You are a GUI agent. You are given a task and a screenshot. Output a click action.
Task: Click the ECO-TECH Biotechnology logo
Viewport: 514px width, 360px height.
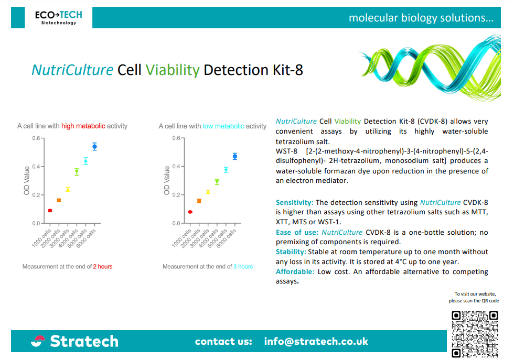(59, 18)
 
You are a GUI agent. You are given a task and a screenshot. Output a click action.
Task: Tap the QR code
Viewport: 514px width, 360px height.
(475, 334)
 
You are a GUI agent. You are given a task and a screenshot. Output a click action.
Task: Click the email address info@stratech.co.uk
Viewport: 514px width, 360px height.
(316, 341)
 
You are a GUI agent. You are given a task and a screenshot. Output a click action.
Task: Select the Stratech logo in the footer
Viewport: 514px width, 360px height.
(74, 341)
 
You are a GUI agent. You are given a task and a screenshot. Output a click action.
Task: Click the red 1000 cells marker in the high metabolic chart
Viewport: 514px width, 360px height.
(50, 210)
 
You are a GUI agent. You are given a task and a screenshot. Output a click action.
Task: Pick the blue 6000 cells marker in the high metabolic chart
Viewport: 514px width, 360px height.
(95, 146)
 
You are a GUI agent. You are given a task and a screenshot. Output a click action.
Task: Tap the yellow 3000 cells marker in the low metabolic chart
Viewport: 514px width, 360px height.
(208, 192)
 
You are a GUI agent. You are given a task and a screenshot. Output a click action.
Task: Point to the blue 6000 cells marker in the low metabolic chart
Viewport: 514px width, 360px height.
(235, 156)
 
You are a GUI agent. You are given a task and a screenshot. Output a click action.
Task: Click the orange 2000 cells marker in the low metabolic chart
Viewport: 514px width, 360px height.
(199, 201)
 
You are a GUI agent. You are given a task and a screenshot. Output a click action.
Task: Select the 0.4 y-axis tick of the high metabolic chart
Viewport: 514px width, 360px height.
(36, 167)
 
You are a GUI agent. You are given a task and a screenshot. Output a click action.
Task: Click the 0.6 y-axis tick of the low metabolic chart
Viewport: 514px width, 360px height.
(177, 138)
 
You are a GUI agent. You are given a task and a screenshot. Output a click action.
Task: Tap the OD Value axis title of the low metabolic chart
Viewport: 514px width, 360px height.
(167, 180)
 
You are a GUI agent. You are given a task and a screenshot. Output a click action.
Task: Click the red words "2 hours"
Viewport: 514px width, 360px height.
(103, 267)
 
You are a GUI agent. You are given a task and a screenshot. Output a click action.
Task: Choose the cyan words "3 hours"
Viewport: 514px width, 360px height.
(243, 267)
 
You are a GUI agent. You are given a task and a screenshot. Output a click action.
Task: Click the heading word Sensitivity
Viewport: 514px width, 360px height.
(294, 202)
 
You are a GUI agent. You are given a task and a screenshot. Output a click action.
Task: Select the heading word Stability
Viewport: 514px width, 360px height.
(291, 252)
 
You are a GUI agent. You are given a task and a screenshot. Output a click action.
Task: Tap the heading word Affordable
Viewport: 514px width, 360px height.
(295, 271)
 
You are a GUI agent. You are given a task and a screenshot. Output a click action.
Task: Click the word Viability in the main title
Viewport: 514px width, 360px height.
(173, 70)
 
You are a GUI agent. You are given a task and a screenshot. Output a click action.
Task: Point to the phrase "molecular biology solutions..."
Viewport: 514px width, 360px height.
(421, 18)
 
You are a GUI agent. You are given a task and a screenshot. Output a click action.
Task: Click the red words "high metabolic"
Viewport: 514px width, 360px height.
(83, 126)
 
